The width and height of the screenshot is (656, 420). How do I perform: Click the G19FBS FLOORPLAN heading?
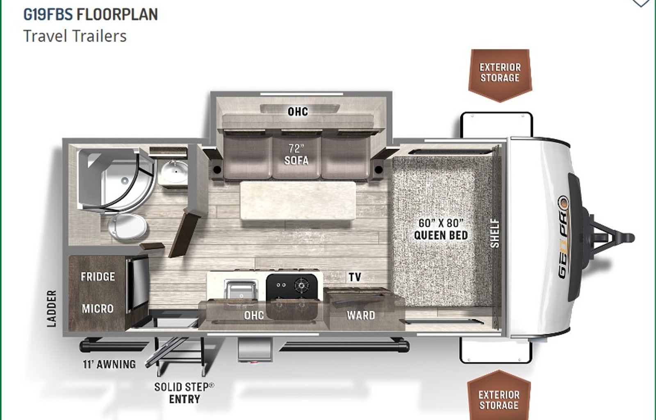[x=91, y=14]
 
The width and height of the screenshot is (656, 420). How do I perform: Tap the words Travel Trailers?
[x=75, y=36]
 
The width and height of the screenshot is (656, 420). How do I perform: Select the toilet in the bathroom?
[x=127, y=227]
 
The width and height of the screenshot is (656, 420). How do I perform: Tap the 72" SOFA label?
[x=296, y=154]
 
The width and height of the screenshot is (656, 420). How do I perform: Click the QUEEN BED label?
[x=441, y=235]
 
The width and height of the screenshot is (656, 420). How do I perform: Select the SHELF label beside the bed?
[x=494, y=233]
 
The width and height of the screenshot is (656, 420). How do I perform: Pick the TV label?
[x=355, y=277]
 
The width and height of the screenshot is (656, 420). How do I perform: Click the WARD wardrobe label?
[x=361, y=315]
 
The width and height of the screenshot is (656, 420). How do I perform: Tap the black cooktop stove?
[x=292, y=287]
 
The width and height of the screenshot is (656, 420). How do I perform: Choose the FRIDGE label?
[x=98, y=277]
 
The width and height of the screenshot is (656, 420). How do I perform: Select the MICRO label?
[x=98, y=309]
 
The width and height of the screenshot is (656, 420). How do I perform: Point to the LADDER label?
[x=52, y=309]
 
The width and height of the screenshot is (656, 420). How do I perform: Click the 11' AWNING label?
[x=109, y=364]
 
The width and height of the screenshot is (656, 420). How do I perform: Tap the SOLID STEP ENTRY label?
[x=184, y=393]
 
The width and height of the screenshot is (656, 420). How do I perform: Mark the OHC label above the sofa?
[x=298, y=111]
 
